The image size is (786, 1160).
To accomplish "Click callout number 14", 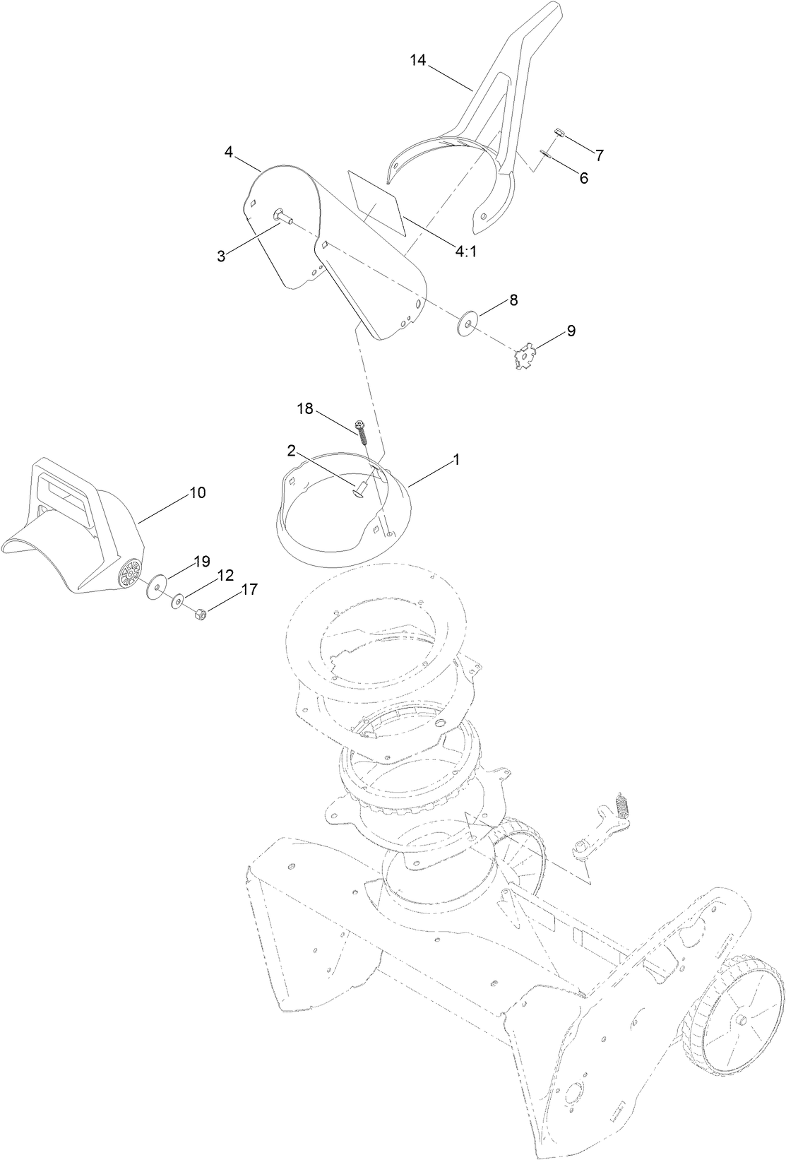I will (x=418, y=60).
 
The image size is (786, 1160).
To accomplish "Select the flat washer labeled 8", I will (x=467, y=322).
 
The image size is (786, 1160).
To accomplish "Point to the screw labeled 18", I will (x=363, y=430).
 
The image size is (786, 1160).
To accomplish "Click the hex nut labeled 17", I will (x=200, y=615).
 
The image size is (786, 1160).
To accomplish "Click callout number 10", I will (x=198, y=492).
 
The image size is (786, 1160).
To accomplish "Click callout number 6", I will (x=583, y=178).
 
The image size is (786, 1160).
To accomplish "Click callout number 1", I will (x=456, y=460).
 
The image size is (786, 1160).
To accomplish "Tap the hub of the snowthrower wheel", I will (x=742, y=1021).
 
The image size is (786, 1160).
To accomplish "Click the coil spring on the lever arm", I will (x=621, y=804).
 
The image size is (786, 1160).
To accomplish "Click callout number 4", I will (x=229, y=152).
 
